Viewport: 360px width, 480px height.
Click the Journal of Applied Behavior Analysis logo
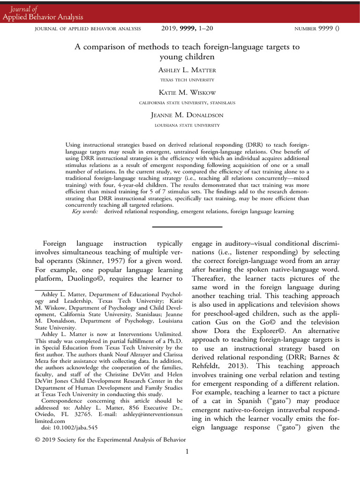(43, 13)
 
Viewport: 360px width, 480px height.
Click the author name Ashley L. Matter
(187, 70)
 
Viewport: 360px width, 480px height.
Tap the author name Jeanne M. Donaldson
(187, 115)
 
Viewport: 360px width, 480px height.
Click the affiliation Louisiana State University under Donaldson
(187, 125)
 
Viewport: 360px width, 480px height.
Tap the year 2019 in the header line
(170, 29)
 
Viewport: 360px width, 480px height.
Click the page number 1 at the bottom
(187, 452)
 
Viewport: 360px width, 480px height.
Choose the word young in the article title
(171, 57)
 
